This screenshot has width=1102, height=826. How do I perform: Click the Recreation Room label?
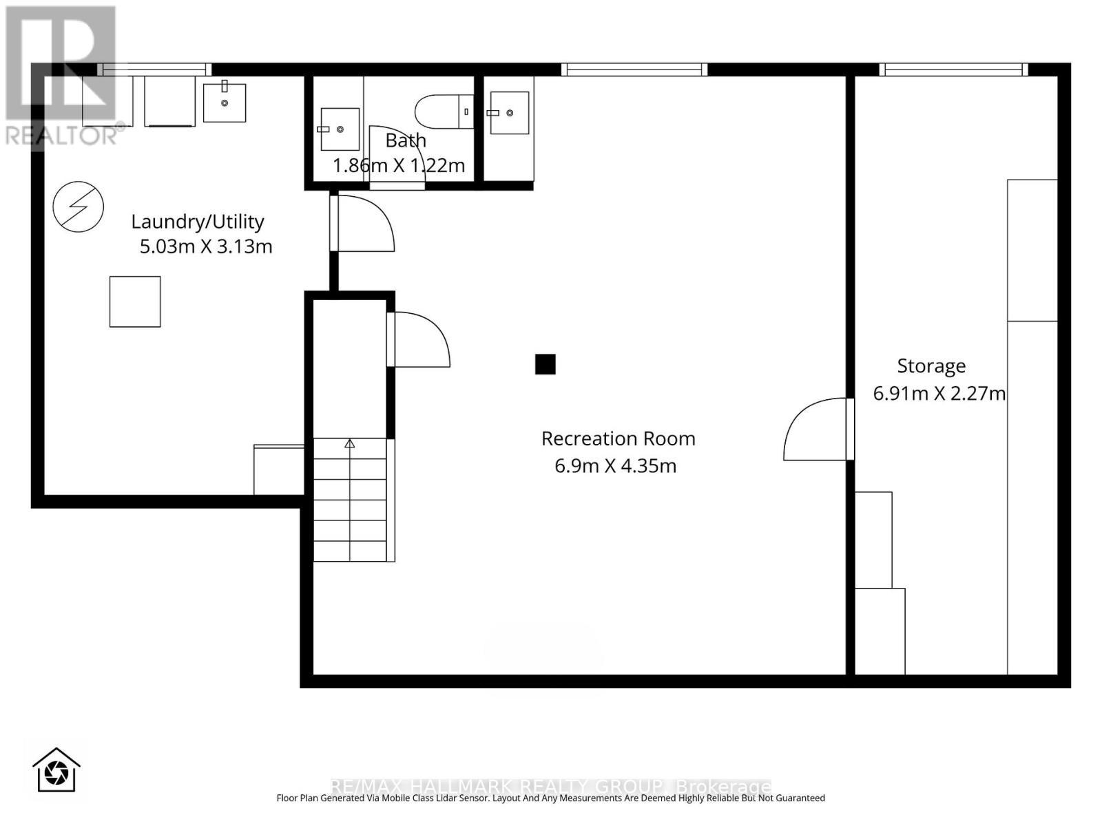pyautogui.click(x=618, y=438)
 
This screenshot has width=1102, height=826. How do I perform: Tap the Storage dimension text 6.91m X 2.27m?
pyautogui.click(x=939, y=394)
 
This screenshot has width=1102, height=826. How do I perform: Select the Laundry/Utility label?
pyautogui.click(x=198, y=222)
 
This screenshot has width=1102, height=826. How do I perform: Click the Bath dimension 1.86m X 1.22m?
pyautogui.click(x=399, y=166)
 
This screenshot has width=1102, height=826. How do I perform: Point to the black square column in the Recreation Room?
pyautogui.click(x=545, y=364)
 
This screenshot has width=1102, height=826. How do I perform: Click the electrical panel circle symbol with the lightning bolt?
pyautogui.click(x=79, y=206)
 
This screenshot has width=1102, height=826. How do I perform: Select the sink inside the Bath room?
pyautogui.click(x=340, y=129)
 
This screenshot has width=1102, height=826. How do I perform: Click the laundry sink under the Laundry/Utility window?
pyautogui.click(x=225, y=103)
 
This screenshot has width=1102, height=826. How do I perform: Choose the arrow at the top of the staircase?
pyautogui.click(x=350, y=444)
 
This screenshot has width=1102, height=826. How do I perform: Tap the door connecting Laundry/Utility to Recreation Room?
pyautogui.click(x=364, y=224)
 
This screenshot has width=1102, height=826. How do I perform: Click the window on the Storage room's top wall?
pyautogui.click(x=953, y=70)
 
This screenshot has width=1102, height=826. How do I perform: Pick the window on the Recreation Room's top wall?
pyautogui.click(x=634, y=70)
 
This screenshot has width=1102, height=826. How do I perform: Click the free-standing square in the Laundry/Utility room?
pyautogui.click(x=135, y=301)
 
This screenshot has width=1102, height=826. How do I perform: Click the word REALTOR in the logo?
pyautogui.click(x=62, y=136)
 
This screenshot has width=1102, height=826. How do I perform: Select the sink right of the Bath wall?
pyautogui.click(x=509, y=113)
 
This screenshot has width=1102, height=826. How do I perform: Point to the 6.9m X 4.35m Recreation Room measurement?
pyautogui.click(x=615, y=466)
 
